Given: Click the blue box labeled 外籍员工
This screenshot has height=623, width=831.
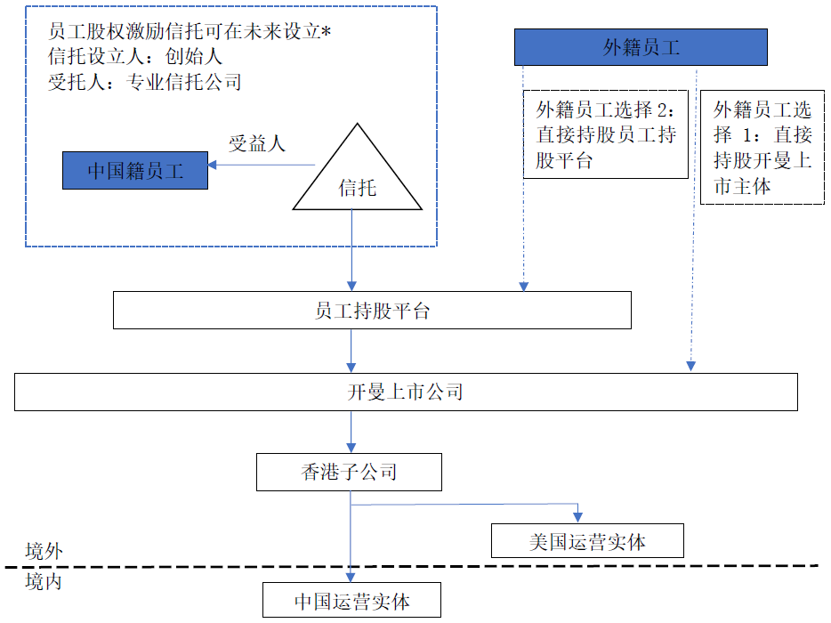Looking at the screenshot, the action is pos(641,47).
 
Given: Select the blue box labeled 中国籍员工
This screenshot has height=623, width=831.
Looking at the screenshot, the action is pos(135,170).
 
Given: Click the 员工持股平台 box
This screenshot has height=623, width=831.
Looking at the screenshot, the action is pos(372,311).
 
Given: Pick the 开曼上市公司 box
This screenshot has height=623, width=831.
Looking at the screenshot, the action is pos(406,392).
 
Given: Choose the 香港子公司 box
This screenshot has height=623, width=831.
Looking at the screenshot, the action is pos(349,472).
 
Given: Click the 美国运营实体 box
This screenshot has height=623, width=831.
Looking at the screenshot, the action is pos(587,541).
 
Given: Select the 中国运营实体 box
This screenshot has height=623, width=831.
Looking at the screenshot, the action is pos(351,600).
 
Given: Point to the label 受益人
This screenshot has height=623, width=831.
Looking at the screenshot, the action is pos(257,143).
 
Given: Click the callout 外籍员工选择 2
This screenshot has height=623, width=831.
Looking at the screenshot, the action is pos(606,134).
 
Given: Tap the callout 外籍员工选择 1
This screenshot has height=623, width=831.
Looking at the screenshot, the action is pos(762,148).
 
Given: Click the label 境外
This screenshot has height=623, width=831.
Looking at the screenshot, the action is pos(44,552).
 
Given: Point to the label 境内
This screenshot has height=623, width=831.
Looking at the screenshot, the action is pos(44,582).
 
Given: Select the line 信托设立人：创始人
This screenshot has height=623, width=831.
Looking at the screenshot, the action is pos(135,56).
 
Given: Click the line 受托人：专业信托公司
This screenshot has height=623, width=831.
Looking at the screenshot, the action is pos(145,82).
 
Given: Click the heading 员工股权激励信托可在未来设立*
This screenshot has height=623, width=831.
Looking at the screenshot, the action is pos(190,31).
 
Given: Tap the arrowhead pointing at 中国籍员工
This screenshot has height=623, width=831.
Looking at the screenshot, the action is pos(212,165).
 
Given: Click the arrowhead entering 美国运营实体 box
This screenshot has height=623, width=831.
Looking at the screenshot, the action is pos(577,518).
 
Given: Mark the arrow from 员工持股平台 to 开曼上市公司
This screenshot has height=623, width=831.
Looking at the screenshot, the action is pos(351,351).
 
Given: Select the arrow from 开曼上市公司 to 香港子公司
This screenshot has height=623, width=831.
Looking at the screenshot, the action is pos(351,433).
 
